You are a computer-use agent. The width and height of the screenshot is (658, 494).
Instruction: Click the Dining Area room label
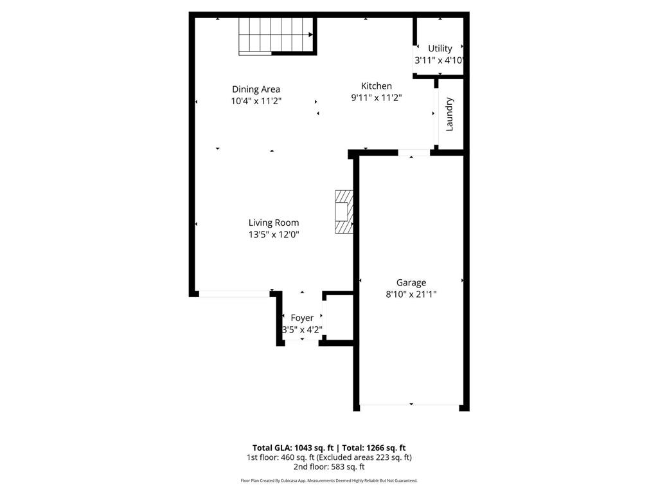pyautogui.click(x=256, y=89)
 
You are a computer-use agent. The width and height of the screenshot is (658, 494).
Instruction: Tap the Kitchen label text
pyautogui.click(x=376, y=86)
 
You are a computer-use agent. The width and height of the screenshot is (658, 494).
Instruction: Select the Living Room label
pyautogui.click(x=274, y=223)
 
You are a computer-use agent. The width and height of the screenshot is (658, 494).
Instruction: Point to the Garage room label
pyautogui.click(x=411, y=282)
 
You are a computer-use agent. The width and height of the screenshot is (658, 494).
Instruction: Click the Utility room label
pyautogui.click(x=440, y=48)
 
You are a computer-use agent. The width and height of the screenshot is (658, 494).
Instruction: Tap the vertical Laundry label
pyautogui.click(x=449, y=114)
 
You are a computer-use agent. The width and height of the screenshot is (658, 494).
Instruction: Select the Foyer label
pyautogui.click(x=302, y=318)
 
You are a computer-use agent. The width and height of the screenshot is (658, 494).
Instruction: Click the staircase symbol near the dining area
pyautogui.click(x=276, y=35)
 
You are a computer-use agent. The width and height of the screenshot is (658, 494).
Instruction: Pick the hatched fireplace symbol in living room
pyautogui.click(x=344, y=213)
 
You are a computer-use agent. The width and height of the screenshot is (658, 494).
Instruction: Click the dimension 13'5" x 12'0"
pyautogui.click(x=274, y=235)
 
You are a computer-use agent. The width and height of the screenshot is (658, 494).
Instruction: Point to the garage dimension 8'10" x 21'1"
pyautogui.click(x=411, y=294)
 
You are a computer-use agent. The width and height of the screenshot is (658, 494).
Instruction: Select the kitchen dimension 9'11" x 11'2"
pyautogui.click(x=376, y=98)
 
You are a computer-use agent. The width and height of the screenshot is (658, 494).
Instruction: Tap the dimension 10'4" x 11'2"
pyautogui.click(x=256, y=101)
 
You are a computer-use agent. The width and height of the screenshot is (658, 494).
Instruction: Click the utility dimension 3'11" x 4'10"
pyautogui.click(x=440, y=60)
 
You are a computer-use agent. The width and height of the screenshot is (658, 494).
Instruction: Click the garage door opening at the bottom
pyautogui.click(x=411, y=406)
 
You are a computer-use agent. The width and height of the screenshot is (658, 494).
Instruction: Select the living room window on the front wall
pyautogui.click(x=234, y=294)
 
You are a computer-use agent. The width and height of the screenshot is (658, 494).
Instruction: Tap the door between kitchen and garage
pyautogui.click(x=414, y=153)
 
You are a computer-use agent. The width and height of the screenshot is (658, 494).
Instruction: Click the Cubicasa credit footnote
pyautogui.click(x=329, y=480)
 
